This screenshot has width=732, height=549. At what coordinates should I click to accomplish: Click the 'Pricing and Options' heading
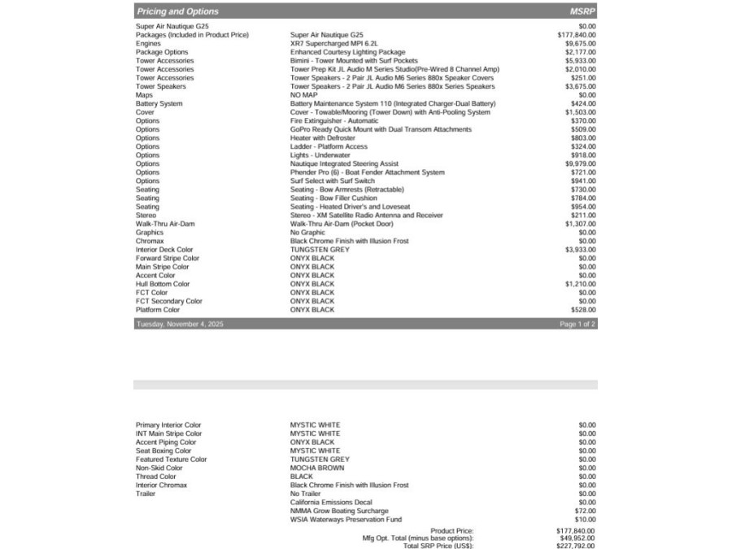click(x=177, y=11)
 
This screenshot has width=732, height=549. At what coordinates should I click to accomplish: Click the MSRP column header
click(x=583, y=11)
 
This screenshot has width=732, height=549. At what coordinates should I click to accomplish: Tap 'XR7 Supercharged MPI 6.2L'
click(x=334, y=44)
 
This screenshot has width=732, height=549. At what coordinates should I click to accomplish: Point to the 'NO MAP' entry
click(x=303, y=95)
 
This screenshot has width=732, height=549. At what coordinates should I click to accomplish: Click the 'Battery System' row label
click(x=159, y=104)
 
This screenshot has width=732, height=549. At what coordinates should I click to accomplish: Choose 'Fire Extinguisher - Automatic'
click(x=334, y=121)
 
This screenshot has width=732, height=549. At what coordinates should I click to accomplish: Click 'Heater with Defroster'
click(x=323, y=138)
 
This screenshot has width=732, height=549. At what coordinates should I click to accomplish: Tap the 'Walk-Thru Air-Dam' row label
click(x=165, y=224)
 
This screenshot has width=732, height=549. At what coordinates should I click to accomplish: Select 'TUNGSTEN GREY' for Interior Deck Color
click(x=320, y=250)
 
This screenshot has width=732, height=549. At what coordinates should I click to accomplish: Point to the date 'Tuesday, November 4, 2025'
click(x=180, y=324)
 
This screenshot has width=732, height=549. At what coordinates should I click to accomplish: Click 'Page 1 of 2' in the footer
click(x=577, y=324)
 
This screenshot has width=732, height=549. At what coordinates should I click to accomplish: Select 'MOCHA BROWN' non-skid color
click(x=317, y=468)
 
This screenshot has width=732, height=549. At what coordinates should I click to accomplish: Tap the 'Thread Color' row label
click(x=155, y=477)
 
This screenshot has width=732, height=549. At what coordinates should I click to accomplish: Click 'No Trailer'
click(x=307, y=494)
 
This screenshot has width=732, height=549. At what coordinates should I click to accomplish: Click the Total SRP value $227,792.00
click(x=576, y=546)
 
